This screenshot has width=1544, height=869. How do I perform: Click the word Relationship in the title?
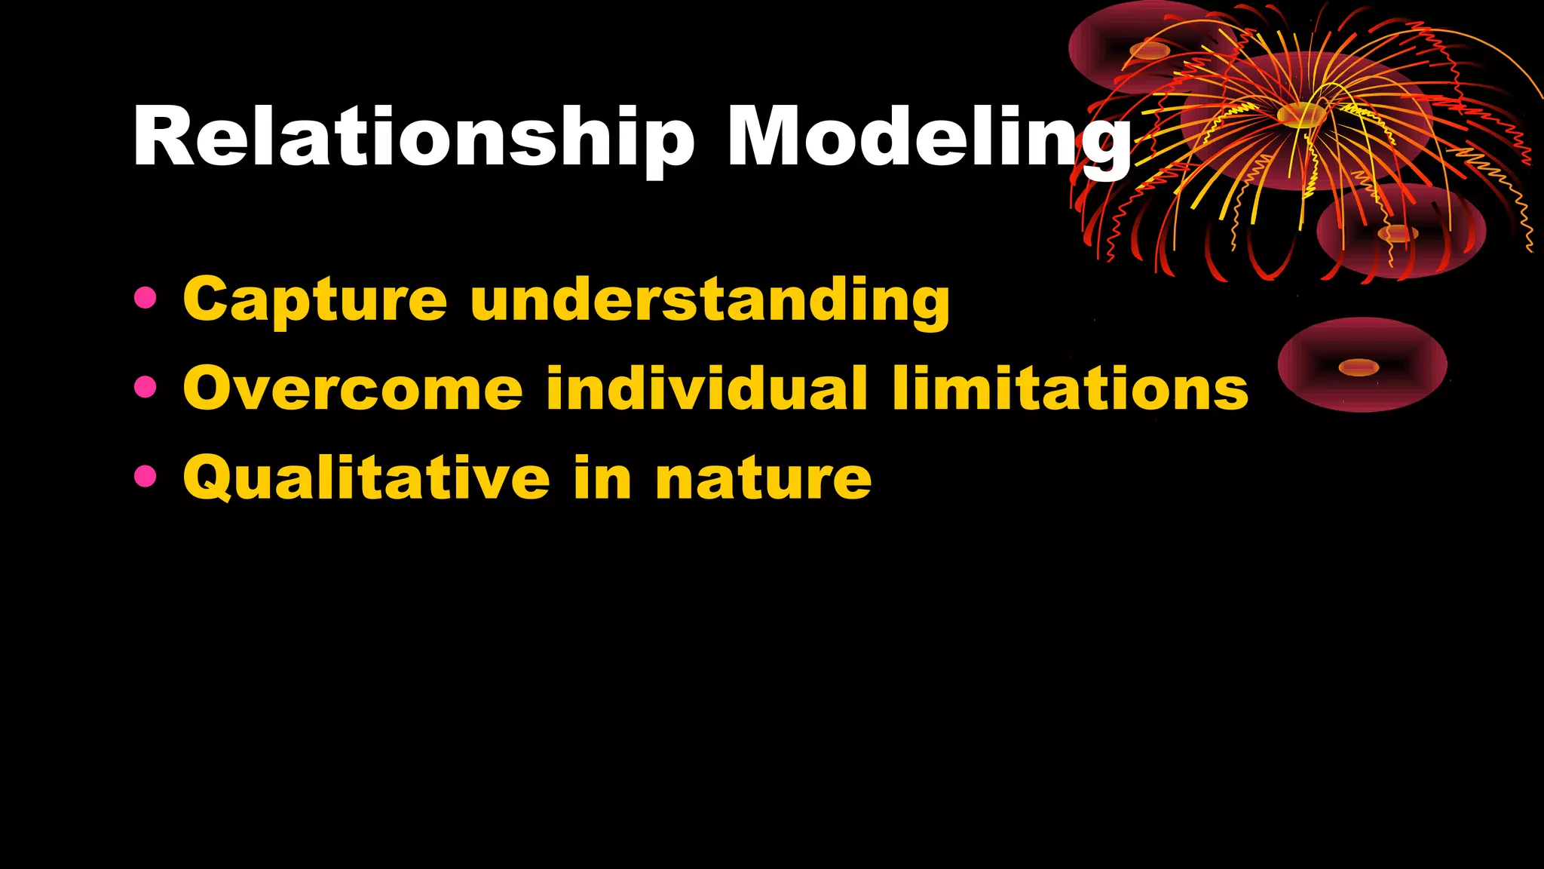point(413,137)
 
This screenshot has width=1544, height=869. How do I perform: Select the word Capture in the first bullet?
point(315,300)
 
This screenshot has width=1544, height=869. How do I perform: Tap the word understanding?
point(709,300)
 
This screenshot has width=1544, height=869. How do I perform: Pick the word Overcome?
point(353,389)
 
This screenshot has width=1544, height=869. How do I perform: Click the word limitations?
point(1070,389)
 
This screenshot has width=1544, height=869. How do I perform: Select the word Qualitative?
point(366,478)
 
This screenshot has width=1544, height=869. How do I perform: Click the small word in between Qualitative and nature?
point(602,478)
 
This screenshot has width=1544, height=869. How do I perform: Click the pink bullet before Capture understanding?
point(145,297)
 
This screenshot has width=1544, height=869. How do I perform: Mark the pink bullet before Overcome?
point(145,387)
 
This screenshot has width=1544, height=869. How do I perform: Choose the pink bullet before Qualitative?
point(145,476)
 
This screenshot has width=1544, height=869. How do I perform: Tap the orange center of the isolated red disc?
point(1359,367)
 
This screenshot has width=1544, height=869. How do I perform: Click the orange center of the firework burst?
point(1300,115)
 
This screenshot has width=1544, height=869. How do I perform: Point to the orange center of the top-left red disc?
point(1149,51)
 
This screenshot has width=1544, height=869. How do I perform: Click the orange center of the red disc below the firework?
point(1397,233)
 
